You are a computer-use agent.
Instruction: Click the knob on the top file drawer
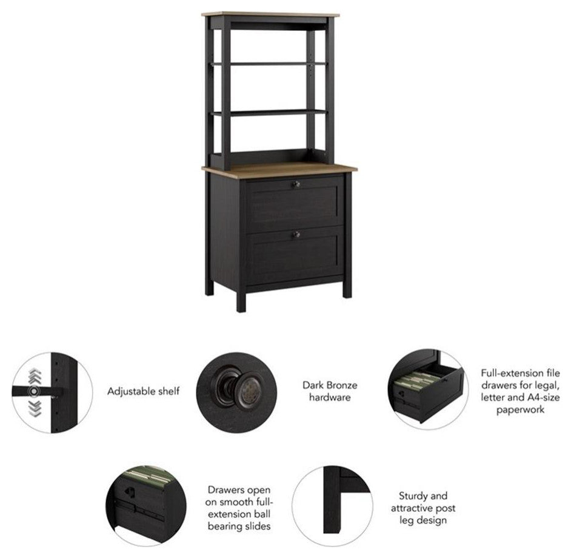pos(296,185)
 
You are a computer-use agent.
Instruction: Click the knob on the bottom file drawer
pos(296,234)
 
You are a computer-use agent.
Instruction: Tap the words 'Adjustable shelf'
pos(143,391)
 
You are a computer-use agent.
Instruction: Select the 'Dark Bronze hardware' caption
pos(330,391)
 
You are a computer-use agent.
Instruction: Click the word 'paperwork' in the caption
pos(520,409)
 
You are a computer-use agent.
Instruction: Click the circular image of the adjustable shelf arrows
pos(52,392)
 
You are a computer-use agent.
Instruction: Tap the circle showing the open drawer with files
pos(426,389)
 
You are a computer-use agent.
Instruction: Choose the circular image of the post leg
pos(332,505)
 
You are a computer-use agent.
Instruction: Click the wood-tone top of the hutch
pos(270,15)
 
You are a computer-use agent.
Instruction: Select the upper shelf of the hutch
pos(269,64)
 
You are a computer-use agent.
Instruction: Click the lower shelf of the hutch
pos(269,113)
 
